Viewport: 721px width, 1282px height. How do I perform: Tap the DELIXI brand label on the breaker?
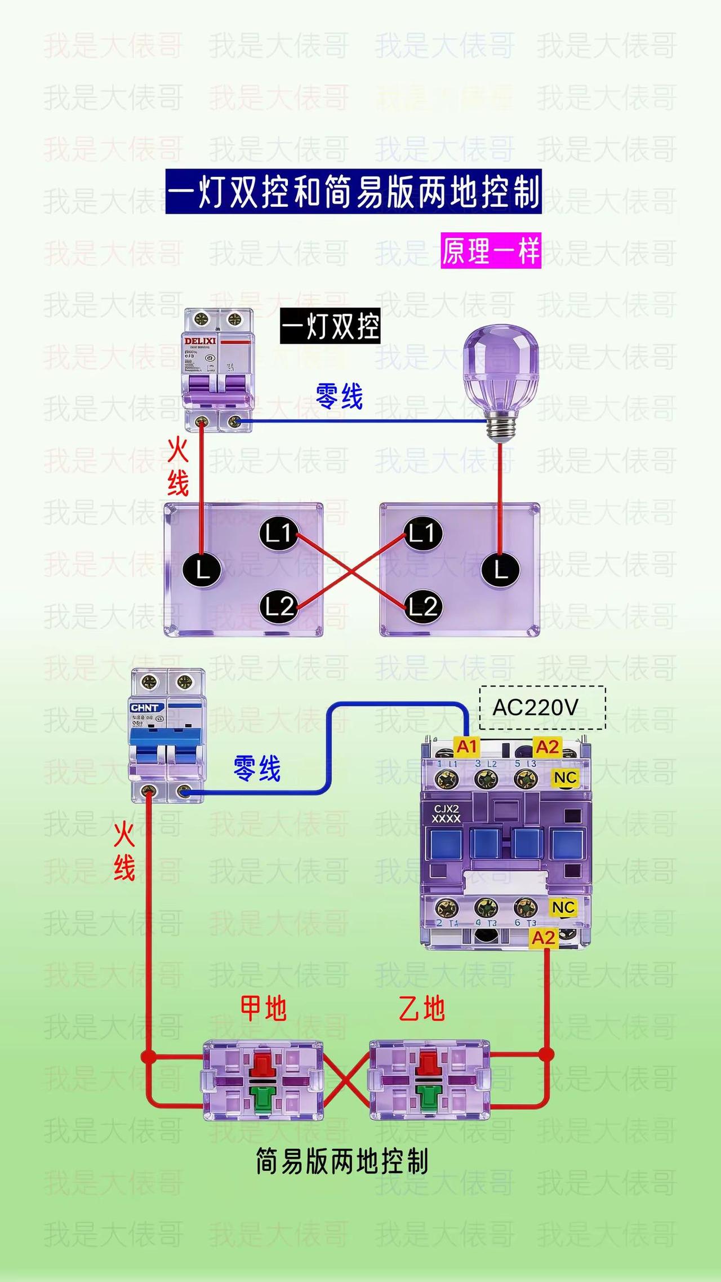pyautogui.click(x=200, y=341)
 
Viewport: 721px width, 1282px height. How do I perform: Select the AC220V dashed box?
pyautogui.click(x=542, y=708)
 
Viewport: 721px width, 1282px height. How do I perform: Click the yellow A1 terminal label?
pyautogui.click(x=466, y=747)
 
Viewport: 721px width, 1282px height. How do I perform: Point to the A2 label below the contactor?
pyautogui.click(x=544, y=938)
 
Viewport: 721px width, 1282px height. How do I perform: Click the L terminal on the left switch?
pyautogui.click(x=202, y=570)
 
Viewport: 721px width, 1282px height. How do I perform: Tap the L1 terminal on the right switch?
pyautogui.click(x=423, y=533)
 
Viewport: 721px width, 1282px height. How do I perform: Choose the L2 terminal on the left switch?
pyautogui.click(x=279, y=607)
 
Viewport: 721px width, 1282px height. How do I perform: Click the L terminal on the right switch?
pyautogui.click(x=500, y=570)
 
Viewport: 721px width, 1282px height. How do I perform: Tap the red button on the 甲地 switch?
pyautogui.click(x=262, y=1063)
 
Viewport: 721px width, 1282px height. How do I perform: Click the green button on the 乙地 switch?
pyautogui.click(x=428, y=1097)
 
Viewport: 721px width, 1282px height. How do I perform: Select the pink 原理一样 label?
pyautogui.click(x=491, y=251)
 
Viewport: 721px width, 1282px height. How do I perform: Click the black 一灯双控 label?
pyautogui.click(x=330, y=326)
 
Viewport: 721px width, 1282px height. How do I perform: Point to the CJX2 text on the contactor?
pyautogui.click(x=446, y=809)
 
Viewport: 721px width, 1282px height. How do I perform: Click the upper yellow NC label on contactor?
pyautogui.click(x=565, y=778)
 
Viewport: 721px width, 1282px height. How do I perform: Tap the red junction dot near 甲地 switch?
pyautogui.click(x=149, y=1057)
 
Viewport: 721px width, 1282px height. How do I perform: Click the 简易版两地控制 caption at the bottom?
pyautogui.click(x=342, y=1162)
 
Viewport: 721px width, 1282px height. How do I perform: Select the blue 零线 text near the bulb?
pyautogui.click(x=339, y=396)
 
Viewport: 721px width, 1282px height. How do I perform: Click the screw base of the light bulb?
pyautogui.click(x=501, y=427)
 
